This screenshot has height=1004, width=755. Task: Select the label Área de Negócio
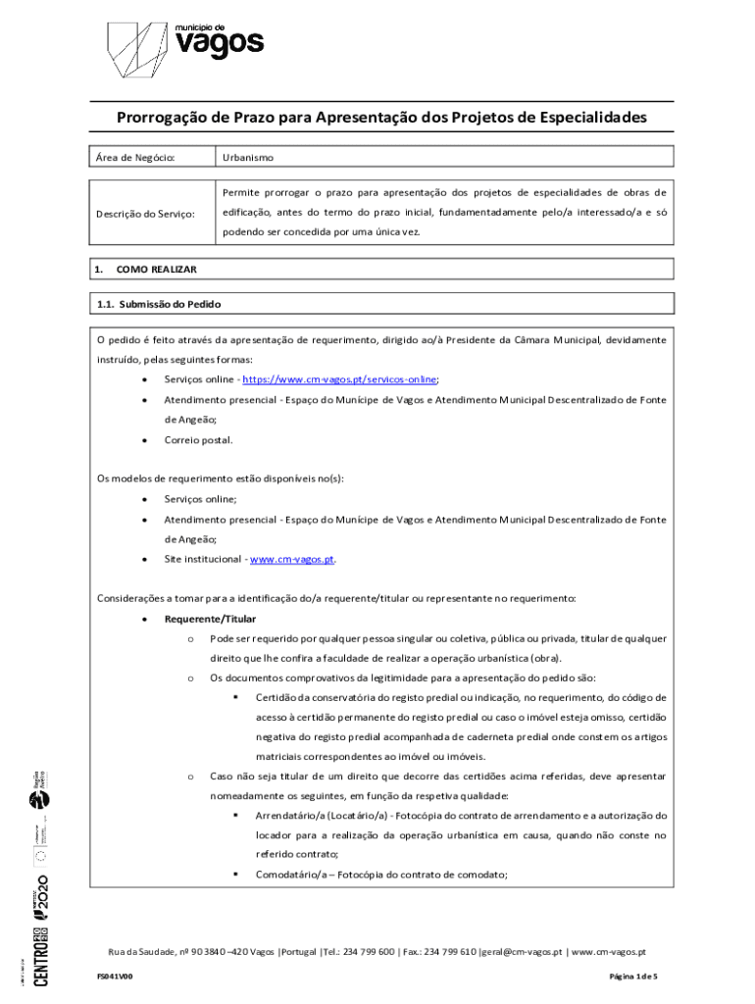click(x=134, y=157)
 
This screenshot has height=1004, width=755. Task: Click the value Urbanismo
click(x=248, y=157)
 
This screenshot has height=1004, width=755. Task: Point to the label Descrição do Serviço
click(x=145, y=214)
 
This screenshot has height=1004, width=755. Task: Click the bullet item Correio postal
click(x=198, y=440)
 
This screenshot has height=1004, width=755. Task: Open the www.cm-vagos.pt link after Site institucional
click(x=292, y=560)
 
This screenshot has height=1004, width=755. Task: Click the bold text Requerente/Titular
click(x=210, y=620)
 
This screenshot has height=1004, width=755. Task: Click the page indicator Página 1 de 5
click(x=632, y=978)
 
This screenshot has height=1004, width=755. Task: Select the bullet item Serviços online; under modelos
click(x=200, y=500)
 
